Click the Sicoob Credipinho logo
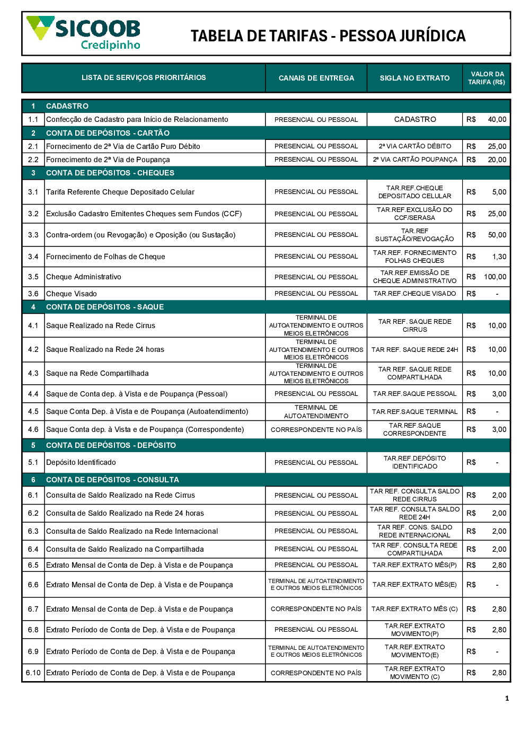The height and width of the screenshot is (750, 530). pos(84,33)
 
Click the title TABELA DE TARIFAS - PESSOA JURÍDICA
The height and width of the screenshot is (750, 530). pos(328,36)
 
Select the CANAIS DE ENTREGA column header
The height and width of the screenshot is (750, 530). pos(316,78)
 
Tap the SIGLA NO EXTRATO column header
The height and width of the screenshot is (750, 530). pos(414,78)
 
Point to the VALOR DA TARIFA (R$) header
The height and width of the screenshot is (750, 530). pos(487,78)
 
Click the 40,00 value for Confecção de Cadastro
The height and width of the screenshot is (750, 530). pos(497,120)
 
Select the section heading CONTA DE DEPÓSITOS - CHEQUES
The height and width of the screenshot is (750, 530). pos(110,173)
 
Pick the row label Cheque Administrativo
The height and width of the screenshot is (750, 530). pos(84,277)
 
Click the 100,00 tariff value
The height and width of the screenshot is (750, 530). pos(495,277)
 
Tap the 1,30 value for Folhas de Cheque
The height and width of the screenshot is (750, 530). pos(499,257)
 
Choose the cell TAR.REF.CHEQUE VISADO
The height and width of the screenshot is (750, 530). pos(414,294)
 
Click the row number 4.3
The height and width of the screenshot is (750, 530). pos(33,373)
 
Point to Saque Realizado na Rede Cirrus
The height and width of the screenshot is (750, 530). pos(101,325)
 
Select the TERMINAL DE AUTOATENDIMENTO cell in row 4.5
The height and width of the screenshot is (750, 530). pos(316,411)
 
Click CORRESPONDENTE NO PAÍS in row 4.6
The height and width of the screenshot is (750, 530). pos(316,429)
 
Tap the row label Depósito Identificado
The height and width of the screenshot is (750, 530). pos(81,462)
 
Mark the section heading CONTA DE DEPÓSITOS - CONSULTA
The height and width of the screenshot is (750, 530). pos(112,480)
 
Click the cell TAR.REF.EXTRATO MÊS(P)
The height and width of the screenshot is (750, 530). pos(414,565)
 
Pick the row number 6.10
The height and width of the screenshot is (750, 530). pos(33,673)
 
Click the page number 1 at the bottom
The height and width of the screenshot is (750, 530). pos(507,699)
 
